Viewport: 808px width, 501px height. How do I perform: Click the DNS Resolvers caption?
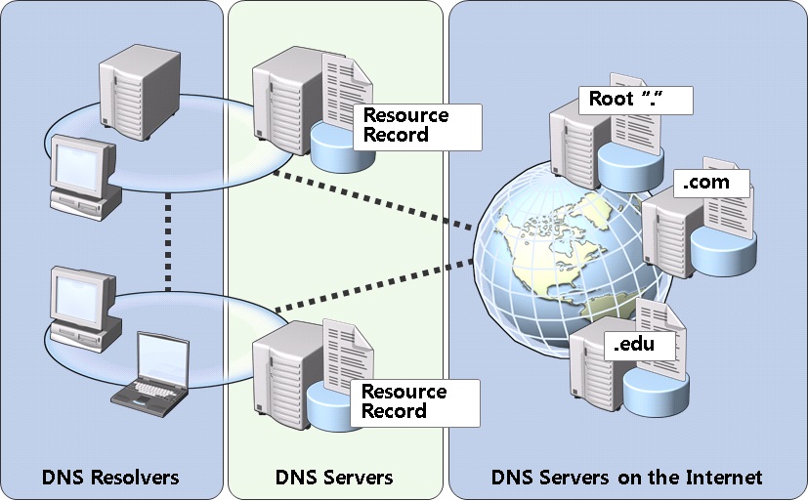[x=110, y=478]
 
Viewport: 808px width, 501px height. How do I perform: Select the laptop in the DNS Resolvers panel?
[x=151, y=369]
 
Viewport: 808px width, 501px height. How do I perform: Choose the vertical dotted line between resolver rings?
[x=168, y=240]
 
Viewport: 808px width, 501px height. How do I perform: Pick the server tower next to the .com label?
[x=664, y=230]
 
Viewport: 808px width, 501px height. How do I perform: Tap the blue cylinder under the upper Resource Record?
[x=336, y=141]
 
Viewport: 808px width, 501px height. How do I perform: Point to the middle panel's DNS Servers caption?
[x=335, y=478]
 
